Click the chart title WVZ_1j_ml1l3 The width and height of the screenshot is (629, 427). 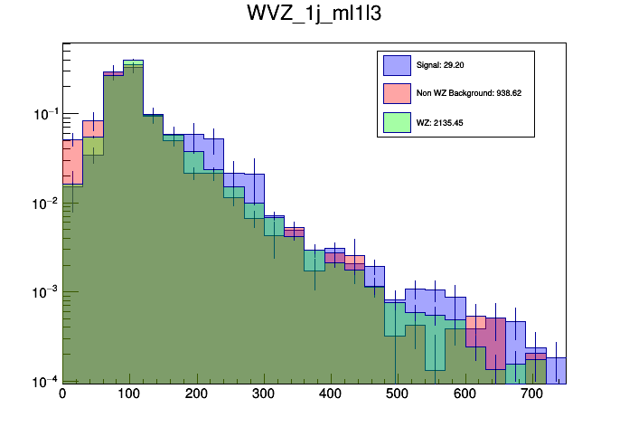(314, 15)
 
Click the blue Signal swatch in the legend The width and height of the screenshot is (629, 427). (398, 65)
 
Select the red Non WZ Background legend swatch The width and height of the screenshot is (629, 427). (398, 93)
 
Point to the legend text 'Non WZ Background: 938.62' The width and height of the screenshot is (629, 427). (469, 93)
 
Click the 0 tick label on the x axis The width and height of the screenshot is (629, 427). (62, 395)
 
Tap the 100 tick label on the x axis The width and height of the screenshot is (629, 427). (129, 395)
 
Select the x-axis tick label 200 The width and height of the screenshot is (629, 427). (196, 395)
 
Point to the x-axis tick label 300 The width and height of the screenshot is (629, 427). (264, 395)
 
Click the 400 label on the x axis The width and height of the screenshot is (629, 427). (331, 395)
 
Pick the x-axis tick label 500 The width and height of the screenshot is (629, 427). (398, 395)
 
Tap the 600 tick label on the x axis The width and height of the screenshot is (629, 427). (465, 395)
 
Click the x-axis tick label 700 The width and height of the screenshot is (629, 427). (532, 395)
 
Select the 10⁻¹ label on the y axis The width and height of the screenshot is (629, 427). (44, 114)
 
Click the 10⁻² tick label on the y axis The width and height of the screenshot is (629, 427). (44, 204)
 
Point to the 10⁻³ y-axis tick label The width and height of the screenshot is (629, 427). (44, 292)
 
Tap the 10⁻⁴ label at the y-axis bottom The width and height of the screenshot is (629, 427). (44, 381)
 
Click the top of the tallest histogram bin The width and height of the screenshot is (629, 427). (133, 60)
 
